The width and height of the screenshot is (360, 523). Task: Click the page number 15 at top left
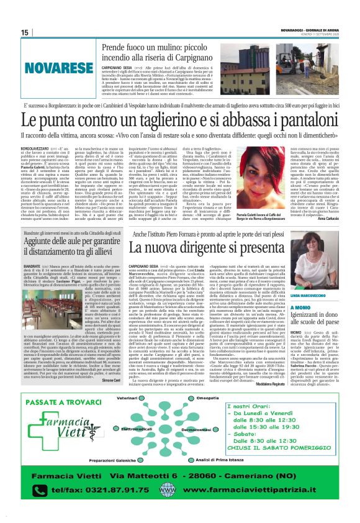point(25,32)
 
